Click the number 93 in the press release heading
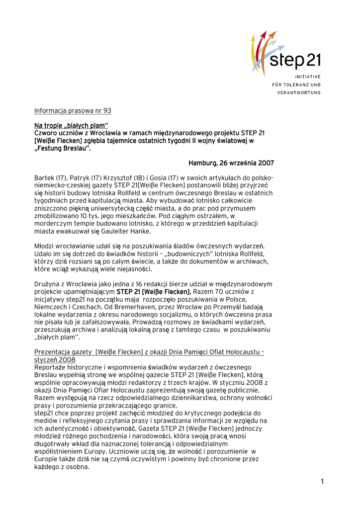click(x=106, y=110)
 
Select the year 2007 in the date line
click(x=265, y=163)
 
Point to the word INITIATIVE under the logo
click(x=308, y=77)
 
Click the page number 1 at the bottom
click(x=322, y=481)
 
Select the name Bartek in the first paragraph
click(x=45, y=177)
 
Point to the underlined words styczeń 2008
click(x=55, y=359)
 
